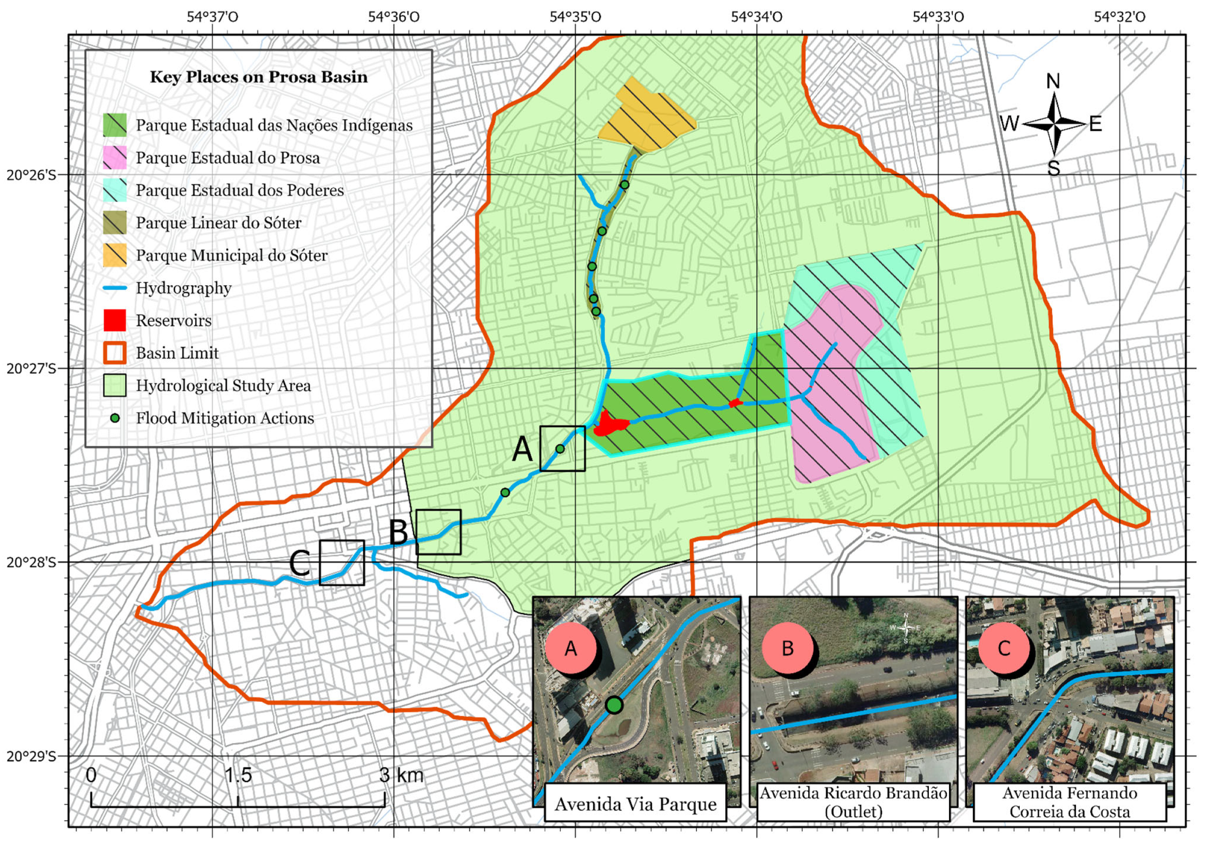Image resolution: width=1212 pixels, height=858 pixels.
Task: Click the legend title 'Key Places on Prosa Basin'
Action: pyautogui.click(x=258, y=77)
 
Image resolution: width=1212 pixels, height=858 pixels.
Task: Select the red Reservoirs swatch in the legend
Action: pyautogui.click(x=115, y=320)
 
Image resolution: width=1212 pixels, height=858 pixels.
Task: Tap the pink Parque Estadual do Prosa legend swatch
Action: pyautogui.click(x=115, y=158)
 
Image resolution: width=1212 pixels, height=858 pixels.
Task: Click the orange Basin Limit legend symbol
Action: pyautogui.click(x=115, y=353)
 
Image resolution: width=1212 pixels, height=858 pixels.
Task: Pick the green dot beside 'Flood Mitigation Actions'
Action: pyautogui.click(x=115, y=418)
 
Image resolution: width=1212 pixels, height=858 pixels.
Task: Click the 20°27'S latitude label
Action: pyautogui.click(x=30, y=368)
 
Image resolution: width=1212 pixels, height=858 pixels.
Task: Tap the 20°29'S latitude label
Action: pyautogui.click(x=30, y=756)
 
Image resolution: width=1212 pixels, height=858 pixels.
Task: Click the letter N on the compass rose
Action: pyautogui.click(x=1053, y=81)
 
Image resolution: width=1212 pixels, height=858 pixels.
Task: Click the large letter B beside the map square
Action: pyautogui.click(x=399, y=532)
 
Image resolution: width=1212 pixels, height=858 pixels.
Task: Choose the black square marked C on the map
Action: pyautogui.click(x=342, y=562)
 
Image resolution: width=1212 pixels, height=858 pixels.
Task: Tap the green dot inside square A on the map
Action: pyautogui.click(x=560, y=449)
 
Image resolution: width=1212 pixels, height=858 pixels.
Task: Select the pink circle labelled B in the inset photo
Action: pyautogui.click(x=788, y=648)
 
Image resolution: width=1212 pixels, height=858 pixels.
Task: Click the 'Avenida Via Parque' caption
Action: pyautogui.click(x=635, y=804)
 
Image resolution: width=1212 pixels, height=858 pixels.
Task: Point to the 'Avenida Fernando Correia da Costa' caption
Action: pyautogui.click(x=1069, y=803)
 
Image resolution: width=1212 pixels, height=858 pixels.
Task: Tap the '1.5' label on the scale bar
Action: pyautogui.click(x=238, y=775)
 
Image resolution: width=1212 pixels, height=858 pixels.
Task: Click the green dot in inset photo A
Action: pyautogui.click(x=614, y=705)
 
